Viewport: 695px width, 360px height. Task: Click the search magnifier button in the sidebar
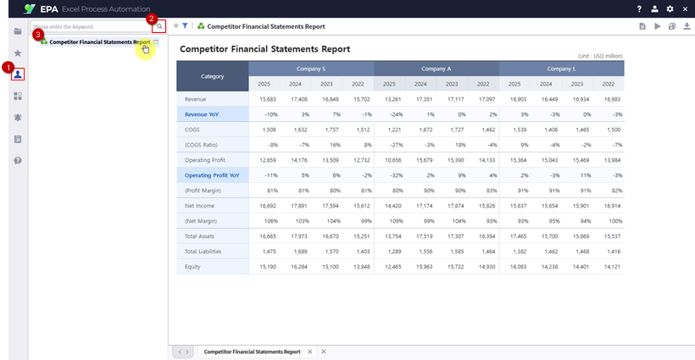(x=158, y=27)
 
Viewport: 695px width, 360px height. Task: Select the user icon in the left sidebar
(x=18, y=75)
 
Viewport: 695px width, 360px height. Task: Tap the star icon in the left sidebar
(x=18, y=53)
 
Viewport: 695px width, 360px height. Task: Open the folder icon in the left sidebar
(x=18, y=31)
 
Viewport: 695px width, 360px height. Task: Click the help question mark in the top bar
(x=639, y=8)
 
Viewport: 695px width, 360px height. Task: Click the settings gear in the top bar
(x=670, y=8)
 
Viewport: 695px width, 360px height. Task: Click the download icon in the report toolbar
(x=686, y=27)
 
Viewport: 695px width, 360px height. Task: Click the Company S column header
(x=311, y=69)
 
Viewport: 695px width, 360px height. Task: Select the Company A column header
(x=436, y=69)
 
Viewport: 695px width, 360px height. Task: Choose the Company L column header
(x=561, y=69)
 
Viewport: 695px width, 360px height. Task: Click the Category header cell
(x=212, y=76)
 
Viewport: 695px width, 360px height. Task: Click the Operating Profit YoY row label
(x=211, y=175)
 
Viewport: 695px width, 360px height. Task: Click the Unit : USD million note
(x=600, y=55)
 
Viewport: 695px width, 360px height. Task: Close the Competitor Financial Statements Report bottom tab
(x=309, y=352)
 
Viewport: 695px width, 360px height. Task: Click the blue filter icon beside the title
(x=185, y=26)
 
